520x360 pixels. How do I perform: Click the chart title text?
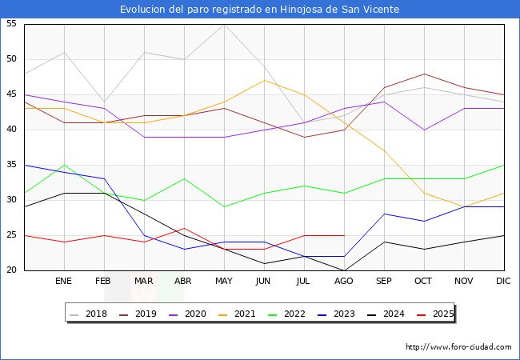260,9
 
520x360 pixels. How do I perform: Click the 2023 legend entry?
338,314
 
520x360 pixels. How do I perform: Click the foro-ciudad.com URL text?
458,347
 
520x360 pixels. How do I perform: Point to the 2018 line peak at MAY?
224,24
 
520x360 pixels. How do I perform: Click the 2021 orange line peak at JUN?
264,80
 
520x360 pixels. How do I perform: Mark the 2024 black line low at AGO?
344,270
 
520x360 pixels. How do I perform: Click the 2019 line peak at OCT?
424,74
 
